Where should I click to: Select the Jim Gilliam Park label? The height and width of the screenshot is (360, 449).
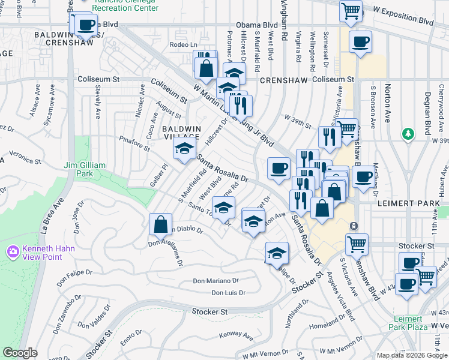click(x=85, y=169)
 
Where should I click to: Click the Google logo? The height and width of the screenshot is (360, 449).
click(x=20, y=353)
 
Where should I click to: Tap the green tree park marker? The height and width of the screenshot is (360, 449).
click(x=408, y=133)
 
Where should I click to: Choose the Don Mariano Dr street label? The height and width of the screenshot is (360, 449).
click(x=215, y=281)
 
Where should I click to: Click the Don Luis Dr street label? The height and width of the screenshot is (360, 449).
click(x=229, y=293)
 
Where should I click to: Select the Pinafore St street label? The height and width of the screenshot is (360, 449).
click(x=133, y=140)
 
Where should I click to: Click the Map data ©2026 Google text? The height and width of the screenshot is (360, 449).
click(x=412, y=355)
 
